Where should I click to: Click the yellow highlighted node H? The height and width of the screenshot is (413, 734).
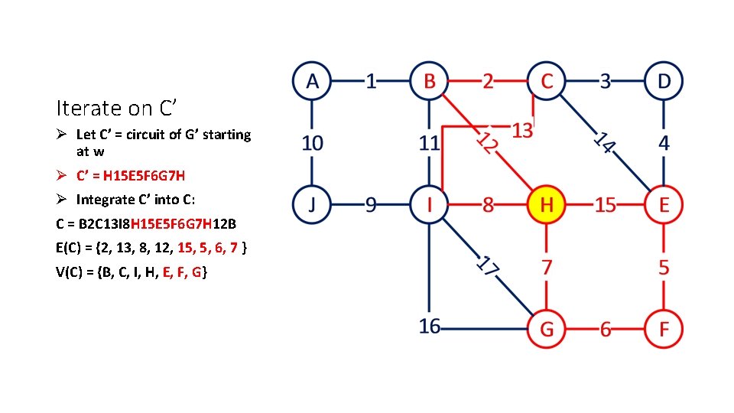click(546, 205)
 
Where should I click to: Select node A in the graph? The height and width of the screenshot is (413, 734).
click(312, 80)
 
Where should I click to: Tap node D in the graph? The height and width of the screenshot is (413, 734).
click(664, 80)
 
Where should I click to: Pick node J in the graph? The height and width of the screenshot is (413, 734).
click(312, 205)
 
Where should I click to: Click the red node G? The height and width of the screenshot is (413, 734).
click(546, 329)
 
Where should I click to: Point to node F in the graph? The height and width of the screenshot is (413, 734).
click(664, 329)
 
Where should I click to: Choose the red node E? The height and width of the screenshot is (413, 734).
click(664, 205)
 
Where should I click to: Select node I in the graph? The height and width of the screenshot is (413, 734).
click(429, 205)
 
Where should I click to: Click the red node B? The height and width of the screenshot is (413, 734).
click(429, 80)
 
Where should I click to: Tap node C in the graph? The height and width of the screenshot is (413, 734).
click(546, 80)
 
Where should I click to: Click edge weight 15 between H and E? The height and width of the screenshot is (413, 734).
click(605, 205)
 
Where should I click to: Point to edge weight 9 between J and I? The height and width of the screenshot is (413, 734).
click(371, 205)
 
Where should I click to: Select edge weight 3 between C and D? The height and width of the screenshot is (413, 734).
click(605, 80)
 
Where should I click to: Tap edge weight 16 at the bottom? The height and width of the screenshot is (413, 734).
click(430, 327)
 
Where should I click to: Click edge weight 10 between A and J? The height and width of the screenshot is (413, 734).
click(312, 143)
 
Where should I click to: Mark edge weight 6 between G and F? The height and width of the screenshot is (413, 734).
click(605, 329)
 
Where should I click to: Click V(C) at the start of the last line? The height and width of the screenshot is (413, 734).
click(71, 272)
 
